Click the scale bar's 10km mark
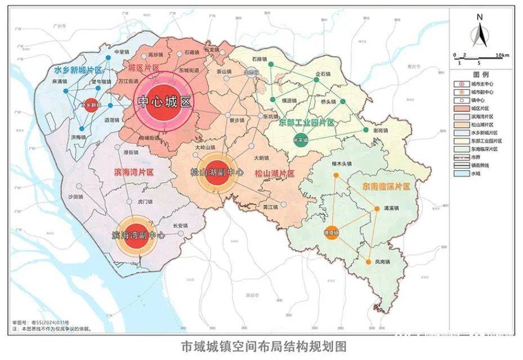click(x=502, y=55)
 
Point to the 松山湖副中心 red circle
click(x=217, y=172)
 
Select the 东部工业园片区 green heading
click(x=307, y=122)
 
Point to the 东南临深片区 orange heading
click(x=386, y=186)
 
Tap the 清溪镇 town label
click(x=391, y=208)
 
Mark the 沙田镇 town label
click(x=75, y=197)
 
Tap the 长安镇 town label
click(x=179, y=226)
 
